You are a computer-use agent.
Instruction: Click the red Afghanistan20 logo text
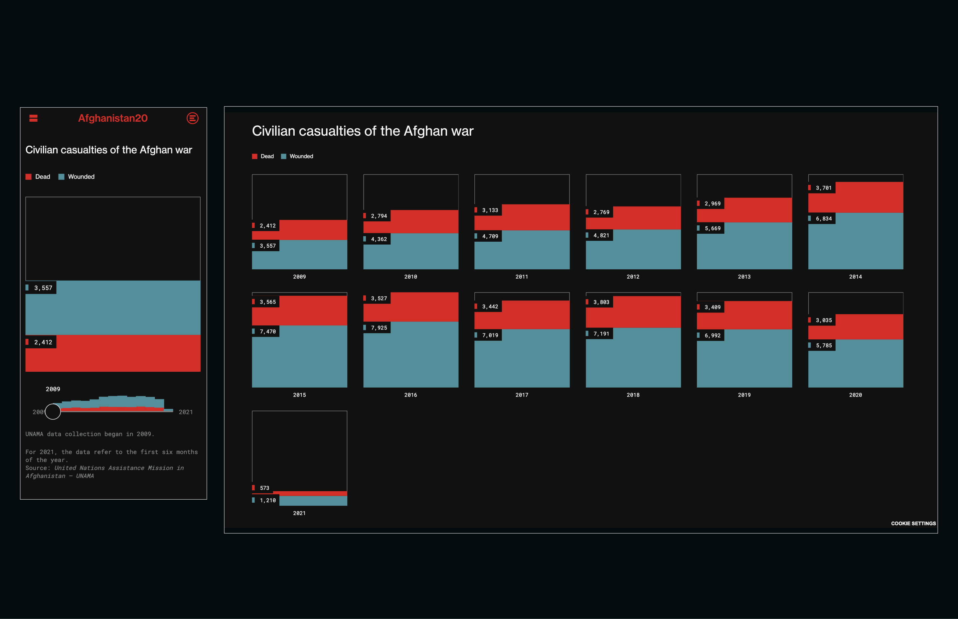pos(113,118)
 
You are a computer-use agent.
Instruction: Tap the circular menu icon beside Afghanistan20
pos(192,118)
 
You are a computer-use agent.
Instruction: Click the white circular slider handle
pos(53,412)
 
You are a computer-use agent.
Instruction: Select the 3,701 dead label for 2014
pos(823,188)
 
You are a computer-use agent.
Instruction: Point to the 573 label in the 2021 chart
pos(264,488)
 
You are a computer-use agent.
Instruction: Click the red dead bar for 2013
pos(758,210)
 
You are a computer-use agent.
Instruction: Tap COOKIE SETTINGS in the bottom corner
pos(913,523)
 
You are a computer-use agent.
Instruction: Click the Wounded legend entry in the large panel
pos(301,156)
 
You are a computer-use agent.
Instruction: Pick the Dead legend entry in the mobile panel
pos(42,177)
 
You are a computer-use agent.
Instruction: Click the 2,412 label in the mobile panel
pos(43,342)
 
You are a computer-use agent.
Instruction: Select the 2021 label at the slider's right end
pos(185,412)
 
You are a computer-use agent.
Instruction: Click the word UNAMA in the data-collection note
pos(34,434)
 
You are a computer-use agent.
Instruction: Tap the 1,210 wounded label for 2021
pos(267,500)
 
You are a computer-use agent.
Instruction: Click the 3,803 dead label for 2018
pos(601,302)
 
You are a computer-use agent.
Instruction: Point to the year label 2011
pos(522,277)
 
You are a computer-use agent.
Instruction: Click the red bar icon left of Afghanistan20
pos(33,118)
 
